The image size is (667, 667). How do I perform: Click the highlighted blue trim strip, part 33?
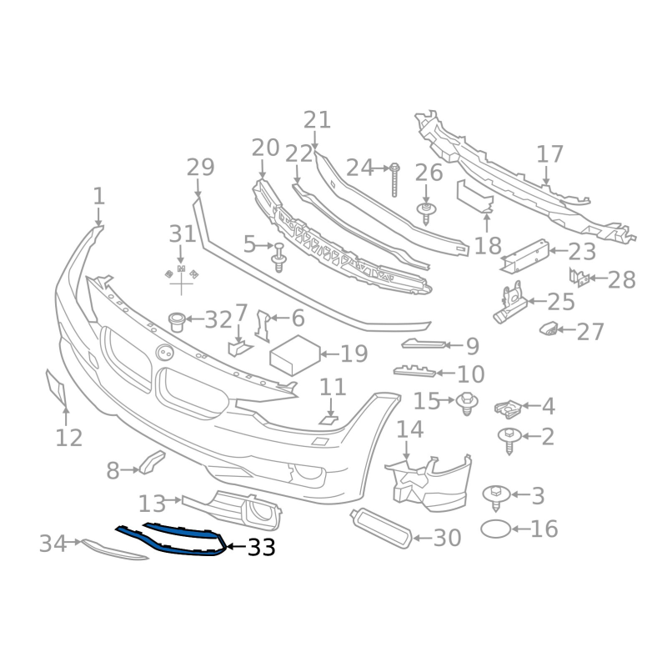[178, 543]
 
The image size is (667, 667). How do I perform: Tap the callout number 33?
[261, 548]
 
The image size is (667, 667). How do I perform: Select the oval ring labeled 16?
[497, 529]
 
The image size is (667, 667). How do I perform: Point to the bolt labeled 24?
[395, 178]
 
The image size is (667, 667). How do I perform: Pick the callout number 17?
[550, 154]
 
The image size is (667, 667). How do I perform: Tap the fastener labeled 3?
[495, 495]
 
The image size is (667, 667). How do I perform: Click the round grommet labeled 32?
[177, 319]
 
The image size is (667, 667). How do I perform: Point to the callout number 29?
[200, 167]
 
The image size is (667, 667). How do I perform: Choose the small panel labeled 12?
[55, 388]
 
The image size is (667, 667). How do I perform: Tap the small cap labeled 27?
[549, 328]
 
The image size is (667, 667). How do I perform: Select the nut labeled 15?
[468, 404]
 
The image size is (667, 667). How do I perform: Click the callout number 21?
[317, 119]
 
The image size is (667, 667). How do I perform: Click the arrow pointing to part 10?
[443, 374]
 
